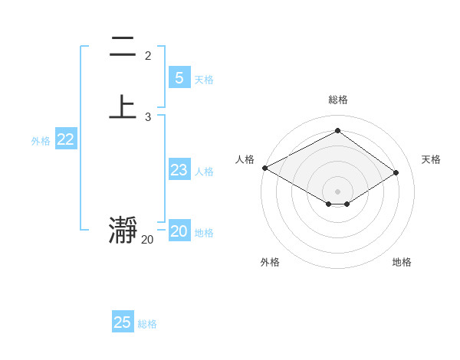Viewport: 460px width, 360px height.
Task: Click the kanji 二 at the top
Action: click(123, 47)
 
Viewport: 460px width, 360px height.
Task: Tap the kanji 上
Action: click(123, 106)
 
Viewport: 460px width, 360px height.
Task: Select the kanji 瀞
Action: click(123, 231)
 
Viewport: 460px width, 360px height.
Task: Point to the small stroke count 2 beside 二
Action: click(148, 56)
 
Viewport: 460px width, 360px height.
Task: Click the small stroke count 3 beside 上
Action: click(148, 116)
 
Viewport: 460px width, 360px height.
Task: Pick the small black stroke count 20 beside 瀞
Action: click(147, 240)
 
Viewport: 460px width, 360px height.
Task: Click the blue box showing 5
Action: click(179, 78)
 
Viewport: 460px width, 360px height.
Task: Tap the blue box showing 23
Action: click(179, 170)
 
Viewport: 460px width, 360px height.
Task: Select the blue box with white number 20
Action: click(179, 231)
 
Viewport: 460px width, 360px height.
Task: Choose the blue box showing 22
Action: click(66, 139)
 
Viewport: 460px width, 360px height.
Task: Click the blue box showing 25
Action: click(123, 322)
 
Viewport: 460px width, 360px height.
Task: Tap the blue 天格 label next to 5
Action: click(204, 80)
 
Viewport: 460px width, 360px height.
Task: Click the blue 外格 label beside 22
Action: click(41, 141)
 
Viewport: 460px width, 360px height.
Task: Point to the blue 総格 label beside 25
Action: click(147, 324)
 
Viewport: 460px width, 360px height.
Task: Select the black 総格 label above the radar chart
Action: click(338, 100)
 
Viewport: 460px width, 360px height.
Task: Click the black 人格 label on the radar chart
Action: click(245, 159)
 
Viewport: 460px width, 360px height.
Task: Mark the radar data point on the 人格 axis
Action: click(264, 168)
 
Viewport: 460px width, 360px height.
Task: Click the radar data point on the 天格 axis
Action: click(396, 172)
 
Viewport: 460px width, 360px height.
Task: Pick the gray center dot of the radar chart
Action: click(338, 191)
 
